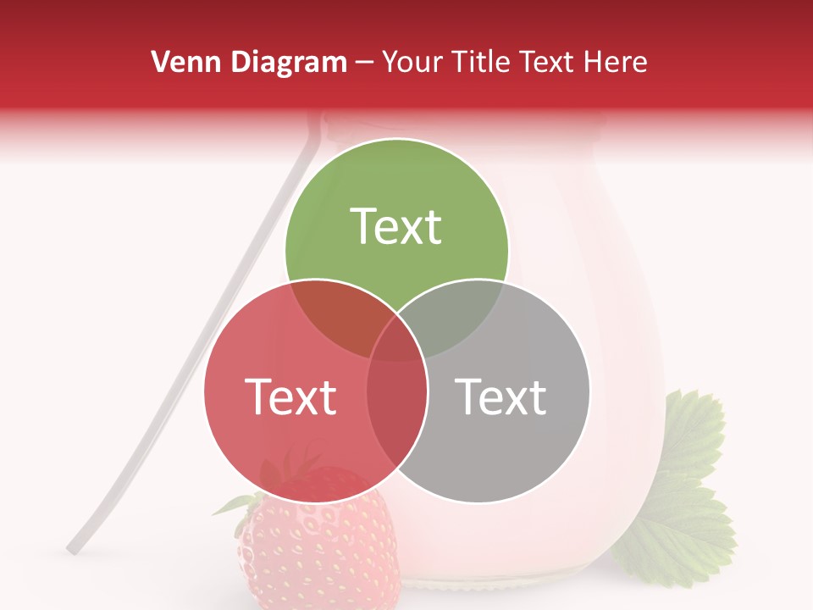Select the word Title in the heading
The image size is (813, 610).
[x=483, y=62]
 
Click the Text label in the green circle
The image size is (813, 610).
[x=396, y=227]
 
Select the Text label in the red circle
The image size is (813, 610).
[x=290, y=396]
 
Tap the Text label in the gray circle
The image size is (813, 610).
[x=501, y=396]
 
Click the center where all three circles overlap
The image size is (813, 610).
[x=396, y=343]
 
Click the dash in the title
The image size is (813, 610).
[x=364, y=63]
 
